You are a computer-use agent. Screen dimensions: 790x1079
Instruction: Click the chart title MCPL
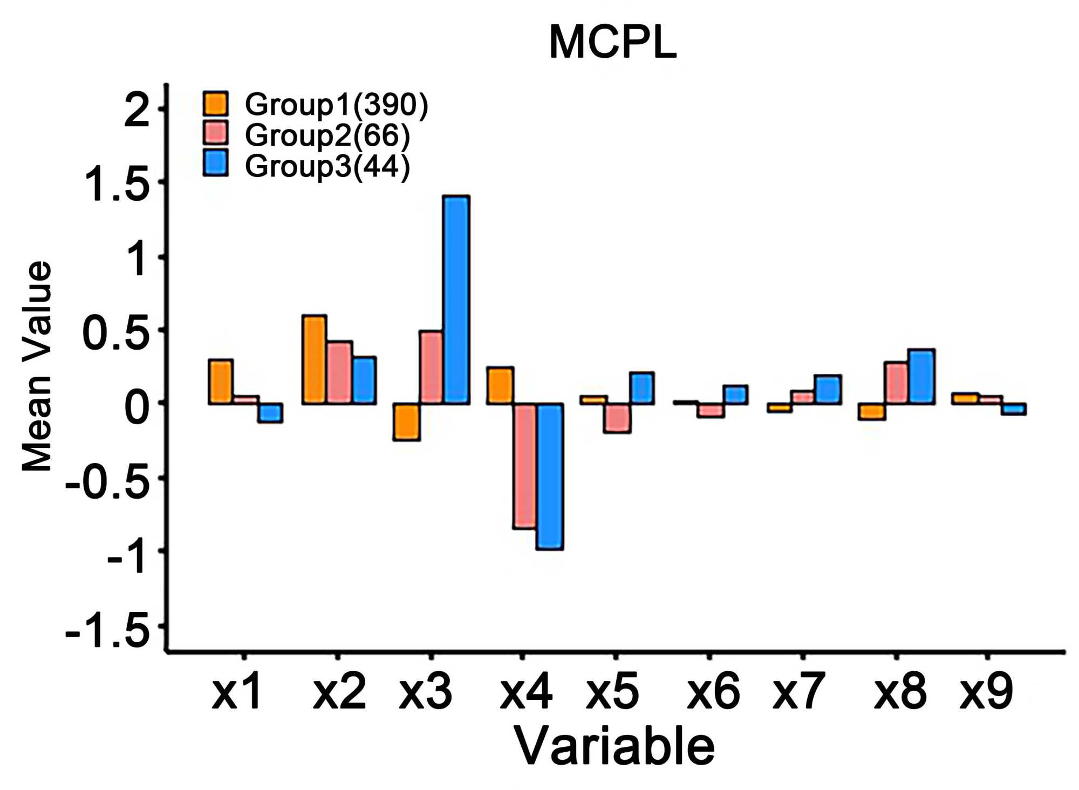pos(612,43)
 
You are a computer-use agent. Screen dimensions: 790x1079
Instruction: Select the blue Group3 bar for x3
pos(456,299)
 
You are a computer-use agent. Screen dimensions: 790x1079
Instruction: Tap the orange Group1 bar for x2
pos(314,359)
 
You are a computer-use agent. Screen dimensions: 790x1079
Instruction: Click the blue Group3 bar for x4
pos(550,476)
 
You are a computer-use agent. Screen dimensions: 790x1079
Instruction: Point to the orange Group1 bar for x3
pos(406,421)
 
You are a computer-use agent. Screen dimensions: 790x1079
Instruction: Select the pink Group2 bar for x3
pos(431,367)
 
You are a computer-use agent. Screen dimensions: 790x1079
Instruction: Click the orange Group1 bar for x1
pos(221,382)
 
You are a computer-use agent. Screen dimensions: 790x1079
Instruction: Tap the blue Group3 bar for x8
pos(921,376)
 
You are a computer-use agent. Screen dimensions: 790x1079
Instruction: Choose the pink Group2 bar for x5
pos(617,418)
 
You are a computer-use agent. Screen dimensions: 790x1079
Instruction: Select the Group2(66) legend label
pos(327,135)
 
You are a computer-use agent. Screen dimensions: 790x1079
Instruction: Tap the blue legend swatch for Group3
pos(216,164)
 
